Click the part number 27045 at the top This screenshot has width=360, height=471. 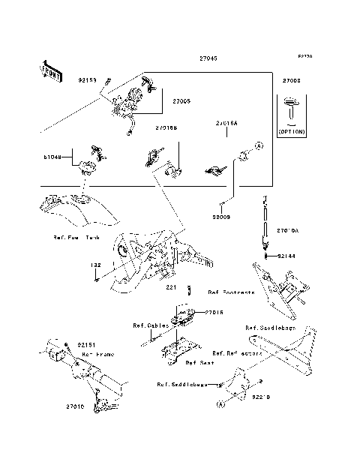tap(209, 58)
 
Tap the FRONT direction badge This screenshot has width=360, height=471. tap(49, 70)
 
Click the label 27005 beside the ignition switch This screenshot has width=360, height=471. tap(182, 100)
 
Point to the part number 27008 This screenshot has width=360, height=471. tap(292, 79)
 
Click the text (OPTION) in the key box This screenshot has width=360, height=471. tap(292, 130)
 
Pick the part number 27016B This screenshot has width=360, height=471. tap(166, 128)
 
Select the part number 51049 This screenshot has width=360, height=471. tap(52, 157)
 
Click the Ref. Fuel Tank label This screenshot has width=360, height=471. tap(76, 237)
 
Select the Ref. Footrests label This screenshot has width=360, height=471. tap(231, 292)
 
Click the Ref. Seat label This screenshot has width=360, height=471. tap(199, 362)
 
